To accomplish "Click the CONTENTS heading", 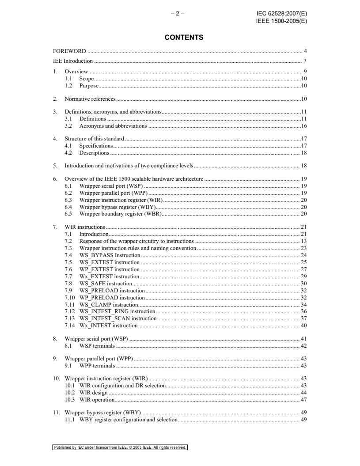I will [x=184, y=38].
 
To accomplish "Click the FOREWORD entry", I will [x=69, y=51].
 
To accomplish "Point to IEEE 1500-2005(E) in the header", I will [x=281, y=20].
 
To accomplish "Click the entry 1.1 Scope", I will [x=86, y=79].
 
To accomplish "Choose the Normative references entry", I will [x=90, y=99].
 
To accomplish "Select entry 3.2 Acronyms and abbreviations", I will [x=113, y=126].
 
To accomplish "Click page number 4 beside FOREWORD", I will [x=305, y=51].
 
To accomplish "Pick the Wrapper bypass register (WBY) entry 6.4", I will [x=117, y=207].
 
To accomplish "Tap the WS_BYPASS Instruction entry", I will [x=110, y=255].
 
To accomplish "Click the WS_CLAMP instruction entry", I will [x=109, y=305].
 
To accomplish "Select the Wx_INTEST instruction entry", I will [x=108, y=326].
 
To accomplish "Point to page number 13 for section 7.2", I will [x=304, y=241].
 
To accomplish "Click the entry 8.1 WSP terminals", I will [x=97, y=346].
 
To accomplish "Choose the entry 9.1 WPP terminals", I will [x=97, y=366].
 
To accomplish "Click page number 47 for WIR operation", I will [x=304, y=400].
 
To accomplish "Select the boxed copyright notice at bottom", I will [x=120, y=447].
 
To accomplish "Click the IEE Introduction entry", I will [x=73, y=61].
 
